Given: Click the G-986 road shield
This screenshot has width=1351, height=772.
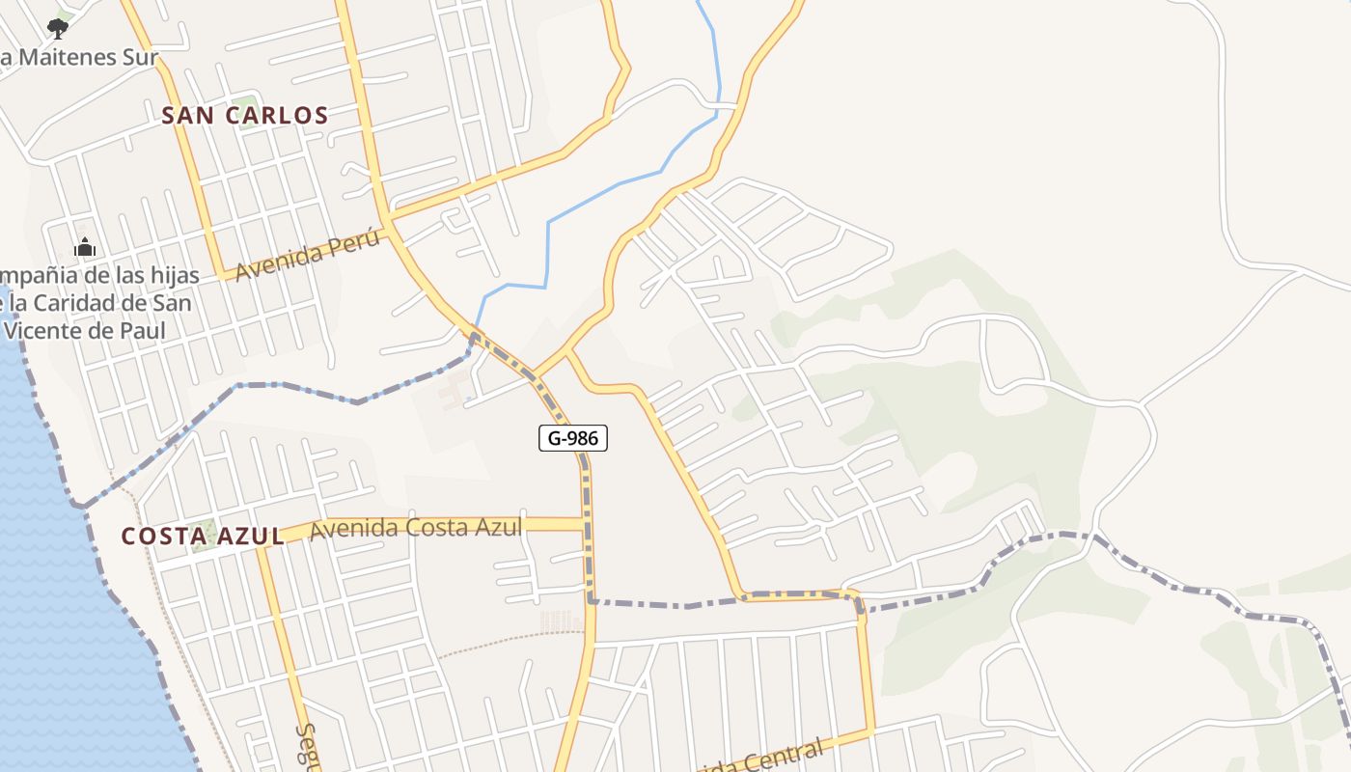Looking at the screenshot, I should point(573,438).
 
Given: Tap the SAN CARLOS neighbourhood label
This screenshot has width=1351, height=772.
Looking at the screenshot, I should point(245,116).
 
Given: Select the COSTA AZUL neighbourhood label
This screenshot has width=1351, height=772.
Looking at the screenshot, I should point(203,537).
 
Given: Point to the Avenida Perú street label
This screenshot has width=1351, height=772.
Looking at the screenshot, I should point(307,256).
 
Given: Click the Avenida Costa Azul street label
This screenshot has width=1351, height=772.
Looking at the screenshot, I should point(416,528).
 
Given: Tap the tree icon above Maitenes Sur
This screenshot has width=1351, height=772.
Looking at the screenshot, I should point(58,28).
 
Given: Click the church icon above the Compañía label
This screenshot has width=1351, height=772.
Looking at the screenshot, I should point(85,247).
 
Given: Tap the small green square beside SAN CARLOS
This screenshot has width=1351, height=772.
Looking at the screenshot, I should point(247,103).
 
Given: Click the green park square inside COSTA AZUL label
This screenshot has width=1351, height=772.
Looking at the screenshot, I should point(203,535).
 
